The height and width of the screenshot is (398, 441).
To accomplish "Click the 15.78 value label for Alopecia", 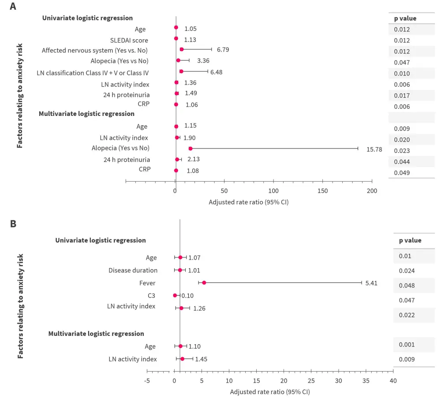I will tap(374, 149).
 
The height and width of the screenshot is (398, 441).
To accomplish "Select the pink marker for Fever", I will tap(204, 283).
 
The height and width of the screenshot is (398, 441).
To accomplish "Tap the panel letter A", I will tap(13, 7).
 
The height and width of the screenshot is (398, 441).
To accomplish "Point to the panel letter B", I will tap(13, 223).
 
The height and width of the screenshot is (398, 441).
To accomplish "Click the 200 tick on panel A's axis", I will tap(372, 191).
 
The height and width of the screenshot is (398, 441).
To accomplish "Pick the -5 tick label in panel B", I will tap(147, 380).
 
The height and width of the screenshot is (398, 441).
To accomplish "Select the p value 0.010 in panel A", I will tap(402, 74).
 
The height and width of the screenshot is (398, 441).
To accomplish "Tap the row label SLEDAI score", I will tap(129, 41).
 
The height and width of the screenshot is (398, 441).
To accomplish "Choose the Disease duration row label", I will tap(133, 270).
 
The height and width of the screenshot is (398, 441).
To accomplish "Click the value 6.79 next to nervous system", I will tap(223, 49).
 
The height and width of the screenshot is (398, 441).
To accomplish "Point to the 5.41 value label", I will tap(371, 283).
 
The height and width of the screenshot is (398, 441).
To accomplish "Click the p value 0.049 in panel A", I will tap(402, 173).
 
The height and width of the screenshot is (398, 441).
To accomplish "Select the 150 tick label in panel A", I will tap(323, 191).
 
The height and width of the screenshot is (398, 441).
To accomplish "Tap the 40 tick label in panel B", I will tap(393, 380).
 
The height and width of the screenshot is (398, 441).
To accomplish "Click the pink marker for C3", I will tap(175, 295).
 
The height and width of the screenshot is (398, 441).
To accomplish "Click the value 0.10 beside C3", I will tap(187, 296).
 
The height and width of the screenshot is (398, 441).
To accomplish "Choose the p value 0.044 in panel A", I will tap(402, 162).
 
